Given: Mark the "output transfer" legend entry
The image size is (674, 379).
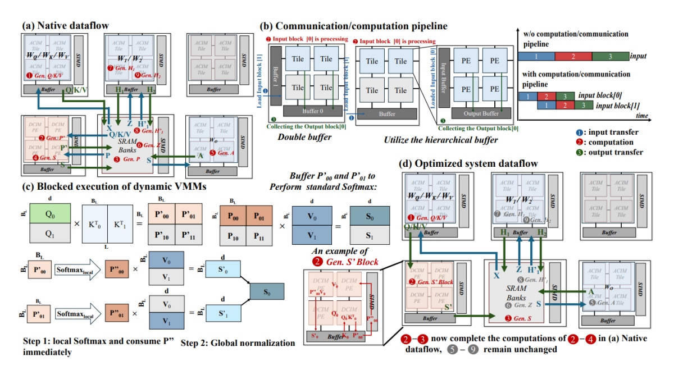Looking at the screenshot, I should click(x=616, y=152).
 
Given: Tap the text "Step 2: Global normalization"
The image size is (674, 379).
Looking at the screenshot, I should click(x=230, y=343).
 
